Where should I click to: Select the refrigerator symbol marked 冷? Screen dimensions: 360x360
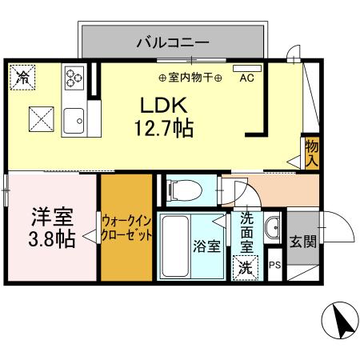24,78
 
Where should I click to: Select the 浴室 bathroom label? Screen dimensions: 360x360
207,246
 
